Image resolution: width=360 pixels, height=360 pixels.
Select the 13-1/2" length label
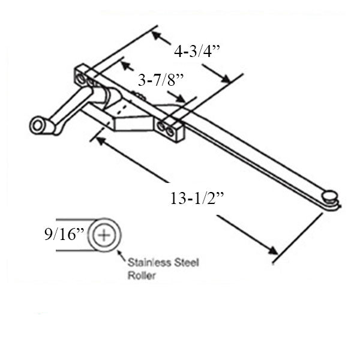coord(196,199)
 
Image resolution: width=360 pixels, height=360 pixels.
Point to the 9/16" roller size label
coord(62,235)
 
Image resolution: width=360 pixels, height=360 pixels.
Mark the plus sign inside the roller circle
coord(104,235)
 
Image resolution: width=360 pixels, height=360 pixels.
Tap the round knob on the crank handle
coord(39,125)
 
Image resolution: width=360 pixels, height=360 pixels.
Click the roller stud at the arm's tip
coord(329,195)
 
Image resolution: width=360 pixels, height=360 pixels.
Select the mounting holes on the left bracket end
coord(85,77)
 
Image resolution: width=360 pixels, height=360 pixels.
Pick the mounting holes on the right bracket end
coord(166,128)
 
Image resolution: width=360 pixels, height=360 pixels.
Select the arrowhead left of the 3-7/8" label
coord(125,63)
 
